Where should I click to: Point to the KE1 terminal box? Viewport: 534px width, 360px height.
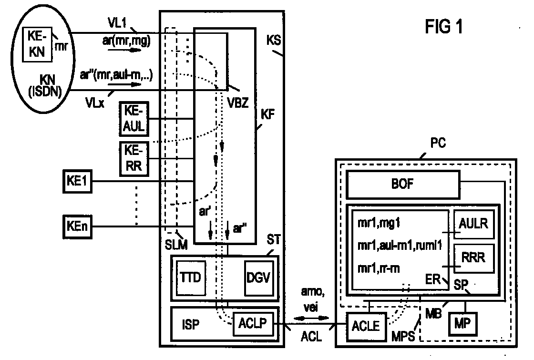pos(77,182)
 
